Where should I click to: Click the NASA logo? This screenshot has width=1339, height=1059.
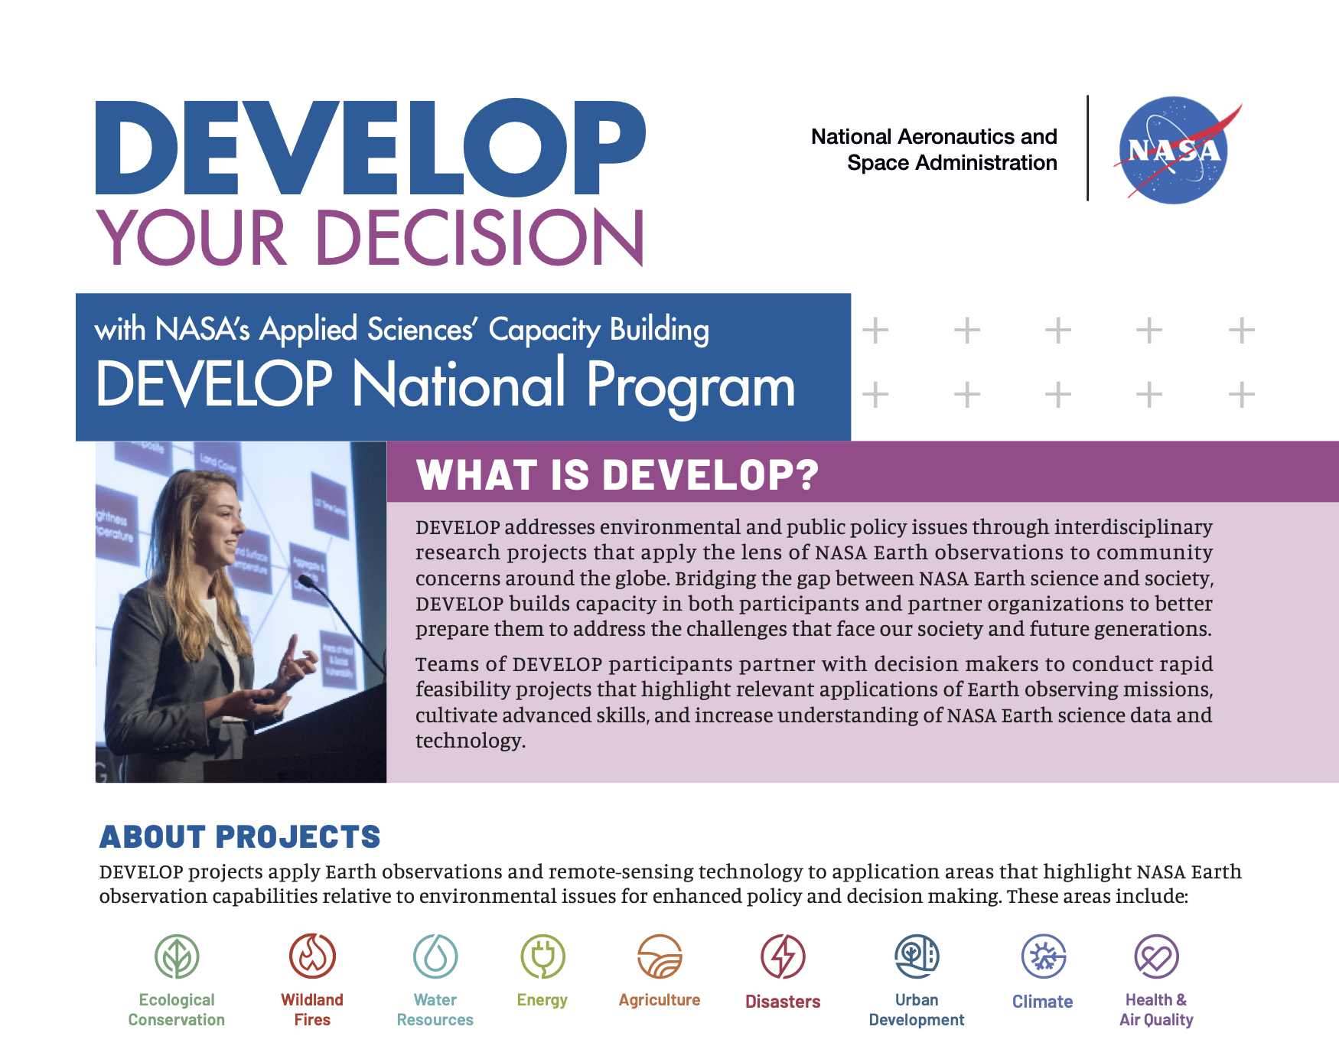pos(1174,150)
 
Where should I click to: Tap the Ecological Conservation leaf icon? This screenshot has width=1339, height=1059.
pos(177,956)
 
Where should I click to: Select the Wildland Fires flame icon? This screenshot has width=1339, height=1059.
pos(312,956)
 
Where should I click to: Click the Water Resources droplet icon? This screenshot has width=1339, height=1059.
pos(435,956)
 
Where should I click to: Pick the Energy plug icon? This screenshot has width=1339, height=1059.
pos(542,956)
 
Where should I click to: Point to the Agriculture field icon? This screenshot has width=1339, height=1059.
pos(660,956)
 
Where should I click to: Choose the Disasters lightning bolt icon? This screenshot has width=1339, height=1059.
pos(783,956)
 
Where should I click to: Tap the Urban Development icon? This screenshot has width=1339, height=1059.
pos(917,956)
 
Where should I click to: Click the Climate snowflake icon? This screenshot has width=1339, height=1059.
pos(1044,956)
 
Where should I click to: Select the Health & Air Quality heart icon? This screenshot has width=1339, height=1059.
pos(1156,956)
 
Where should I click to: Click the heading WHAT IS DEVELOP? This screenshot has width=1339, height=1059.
pos(617,475)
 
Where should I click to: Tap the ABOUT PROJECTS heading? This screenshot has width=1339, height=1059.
pos(239,837)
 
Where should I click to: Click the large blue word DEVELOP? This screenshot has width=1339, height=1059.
pos(371,147)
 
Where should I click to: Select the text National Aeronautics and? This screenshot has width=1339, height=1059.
pos(933,136)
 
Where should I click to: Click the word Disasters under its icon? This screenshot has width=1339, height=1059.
pos(783,1002)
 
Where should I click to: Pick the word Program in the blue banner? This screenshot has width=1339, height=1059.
pos(691,386)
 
